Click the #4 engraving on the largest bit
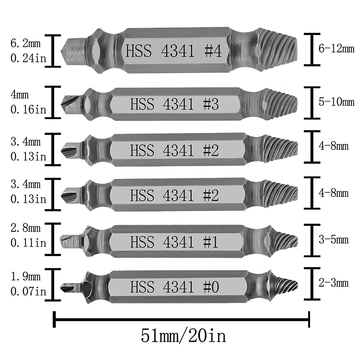(x=213, y=51)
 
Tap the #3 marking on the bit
(x=211, y=104)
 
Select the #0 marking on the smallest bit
(x=211, y=287)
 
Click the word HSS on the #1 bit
(x=142, y=242)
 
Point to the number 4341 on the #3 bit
(x=178, y=104)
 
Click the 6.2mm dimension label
(x=26, y=43)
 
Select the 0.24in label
(x=28, y=58)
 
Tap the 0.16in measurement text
(x=28, y=109)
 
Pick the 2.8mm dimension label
(x=26, y=228)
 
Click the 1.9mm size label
(x=26, y=276)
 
